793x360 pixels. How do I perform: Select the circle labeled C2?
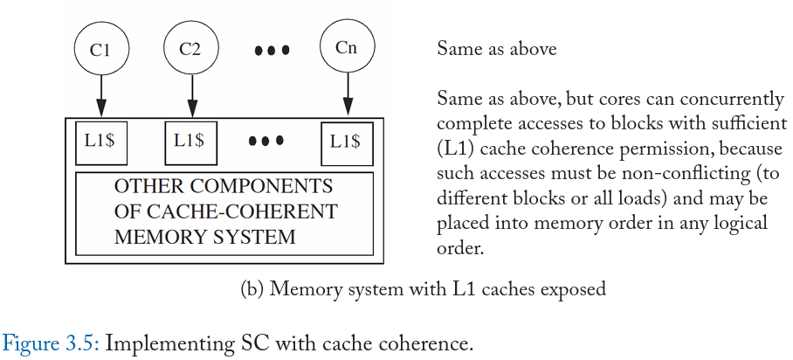click(190, 49)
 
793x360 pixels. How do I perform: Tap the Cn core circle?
click(347, 47)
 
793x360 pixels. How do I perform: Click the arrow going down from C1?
click(100, 96)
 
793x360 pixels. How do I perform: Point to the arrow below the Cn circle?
click(347, 94)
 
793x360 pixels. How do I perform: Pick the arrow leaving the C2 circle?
click(191, 96)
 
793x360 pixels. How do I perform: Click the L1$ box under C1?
click(100, 142)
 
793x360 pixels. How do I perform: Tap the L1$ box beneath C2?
click(191, 142)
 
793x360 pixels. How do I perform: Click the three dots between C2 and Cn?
click(272, 51)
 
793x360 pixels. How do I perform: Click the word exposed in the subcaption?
click(573, 289)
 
